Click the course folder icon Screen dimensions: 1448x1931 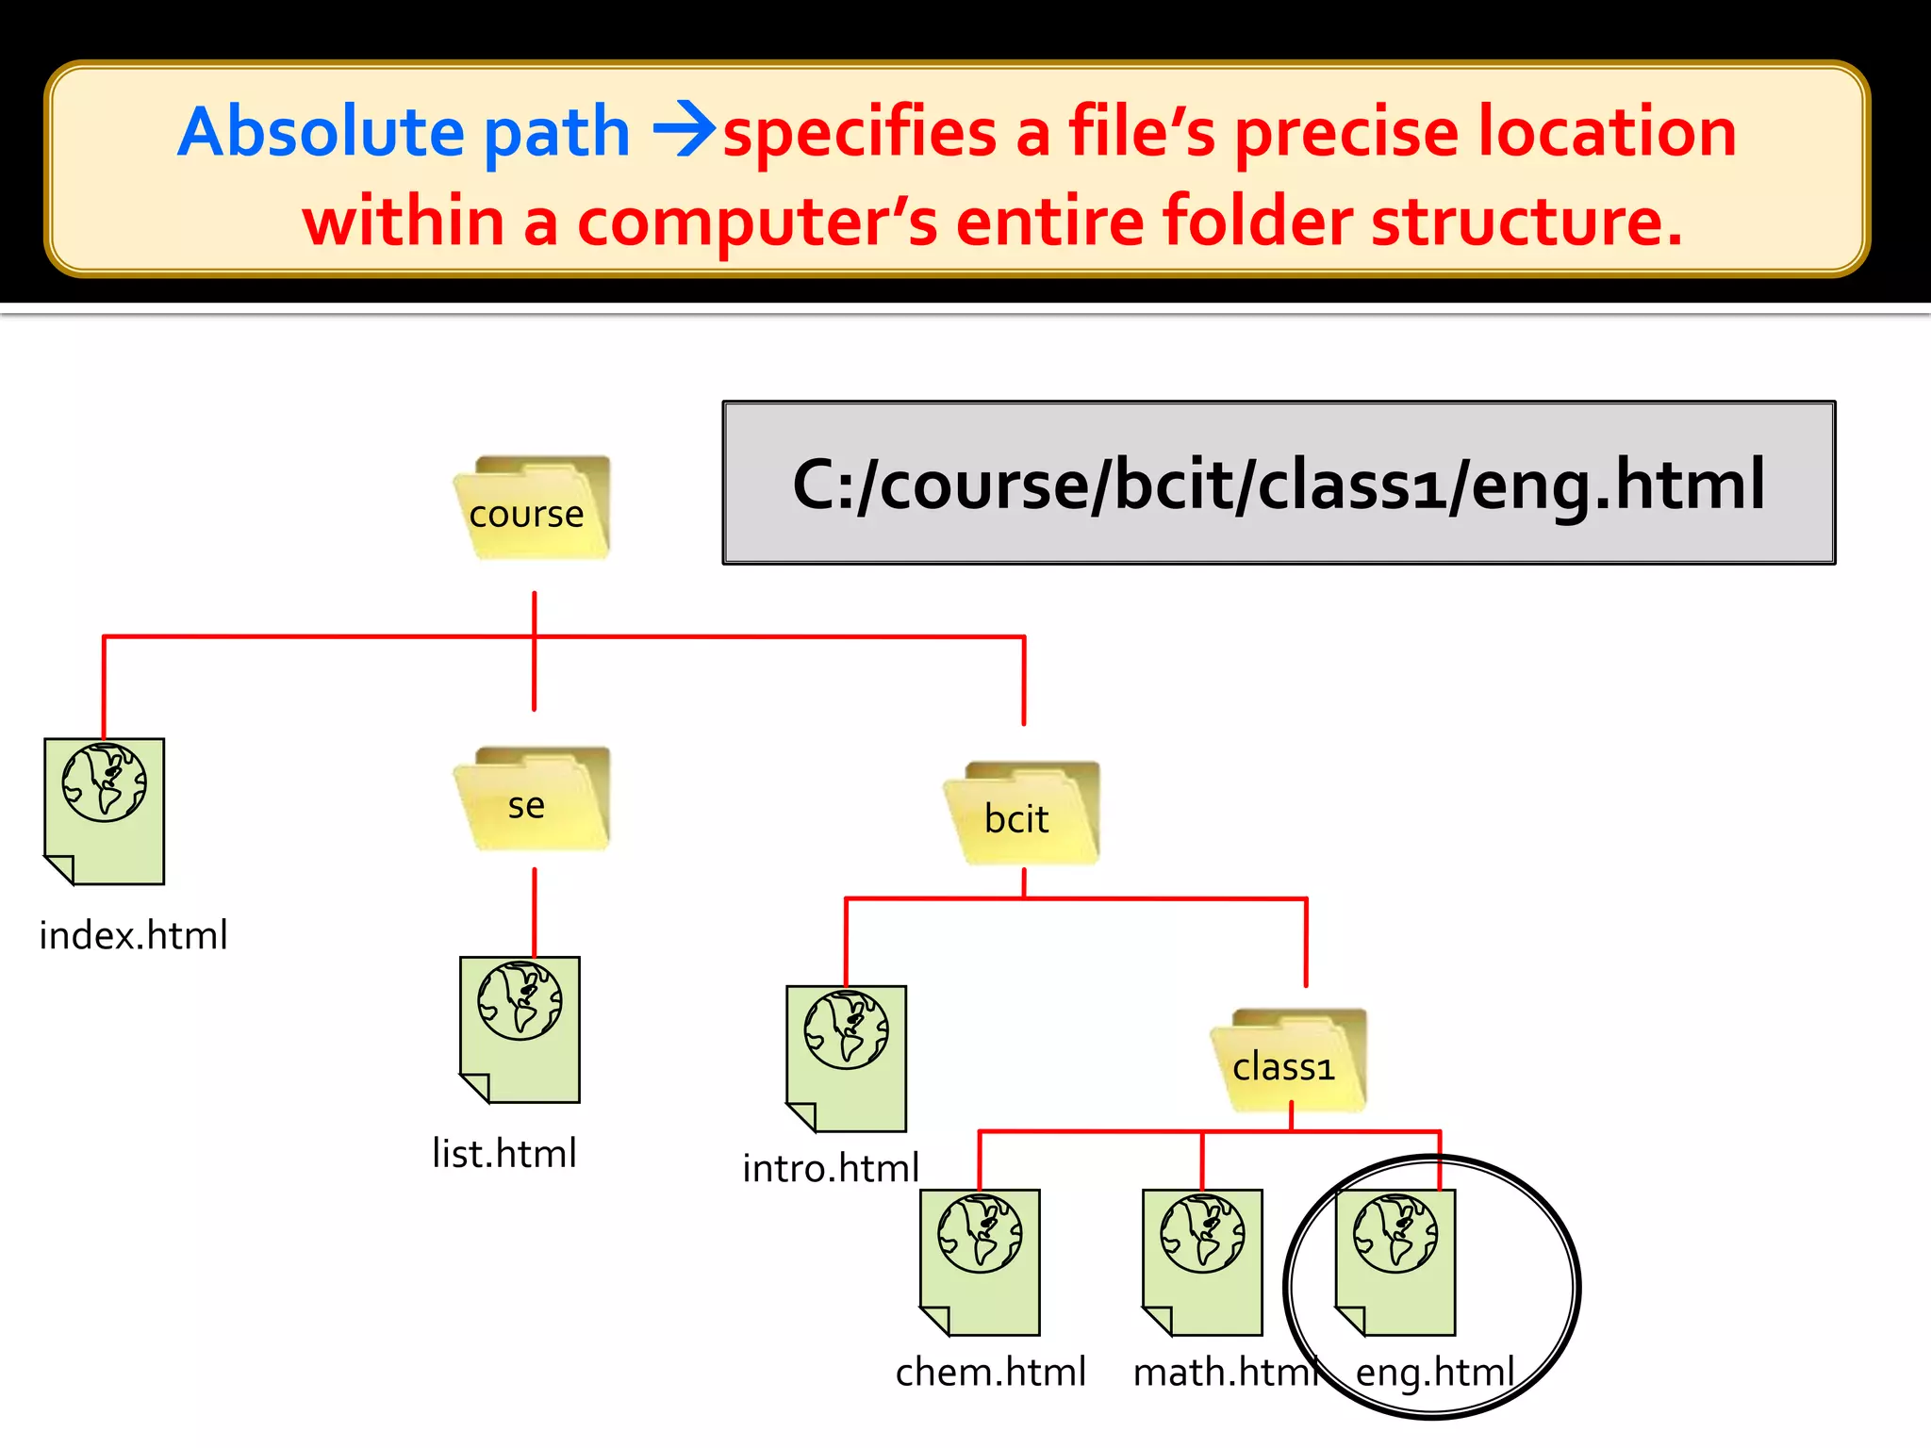pyautogui.click(x=533, y=508)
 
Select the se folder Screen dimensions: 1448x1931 pyautogui.click(x=533, y=799)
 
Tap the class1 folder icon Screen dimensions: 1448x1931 pyautogui.click(x=1289, y=1061)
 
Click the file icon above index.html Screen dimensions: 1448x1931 pyautogui.click(x=105, y=812)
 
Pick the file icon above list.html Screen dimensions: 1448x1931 pyautogui.click(x=520, y=1029)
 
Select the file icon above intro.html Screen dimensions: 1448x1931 pyautogui.click(x=847, y=1059)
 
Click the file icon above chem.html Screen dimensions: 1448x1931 pyautogui.click(x=981, y=1262)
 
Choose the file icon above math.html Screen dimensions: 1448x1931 pyautogui.click(x=1202, y=1262)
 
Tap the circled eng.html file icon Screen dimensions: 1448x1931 pyautogui.click(x=1396, y=1262)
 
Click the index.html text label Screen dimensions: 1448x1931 pyautogui.click(x=133, y=936)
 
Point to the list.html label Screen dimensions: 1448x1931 pyautogui.click(x=504, y=1154)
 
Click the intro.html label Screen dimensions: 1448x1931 pyautogui.click(x=831, y=1169)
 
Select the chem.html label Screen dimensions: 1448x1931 pyautogui.click(x=991, y=1373)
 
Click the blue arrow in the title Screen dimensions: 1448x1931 pyautogui.click(x=684, y=132)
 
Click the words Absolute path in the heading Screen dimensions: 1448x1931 pyautogui.click(x=404, y=132)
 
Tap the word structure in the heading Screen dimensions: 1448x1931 pyautogui.click(x=1527, y=222)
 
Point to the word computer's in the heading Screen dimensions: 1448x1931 pyautogui.click(x=757, y=222)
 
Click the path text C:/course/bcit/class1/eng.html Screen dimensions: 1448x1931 pyautogui.click(x=1279, y=484)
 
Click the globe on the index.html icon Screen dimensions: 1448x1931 pyautogui.click(x=105, y=782)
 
